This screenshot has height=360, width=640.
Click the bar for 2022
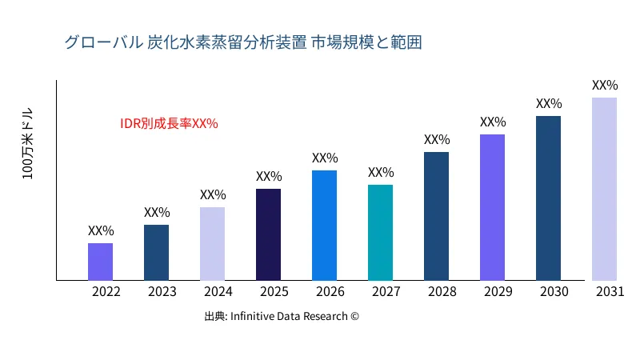pyautogui.click(x=100, y=262)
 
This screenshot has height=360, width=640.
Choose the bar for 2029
pyautogui.click(x=492, y=207)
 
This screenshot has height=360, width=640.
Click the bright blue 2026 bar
pyautogui.click(x=324, y=225)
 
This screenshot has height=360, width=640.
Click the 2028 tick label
pyautogui.click(x=437, y=292)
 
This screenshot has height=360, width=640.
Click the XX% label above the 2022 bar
pyautogui.click(x=101, y=230)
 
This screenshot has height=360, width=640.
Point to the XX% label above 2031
pyautogui.click(x=605, y=85)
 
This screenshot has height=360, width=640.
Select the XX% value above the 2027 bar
pyautogui.click(x=381, y=172)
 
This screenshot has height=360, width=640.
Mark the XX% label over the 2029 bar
pyautogui.click(x=493, y=122)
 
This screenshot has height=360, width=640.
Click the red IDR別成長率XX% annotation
pyautogui.click(x=169, y=124)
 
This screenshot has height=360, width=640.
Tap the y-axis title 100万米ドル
pyautogui.click(x=27, y=143)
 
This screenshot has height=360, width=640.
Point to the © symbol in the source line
pyautogui.click(x=354, y=316)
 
